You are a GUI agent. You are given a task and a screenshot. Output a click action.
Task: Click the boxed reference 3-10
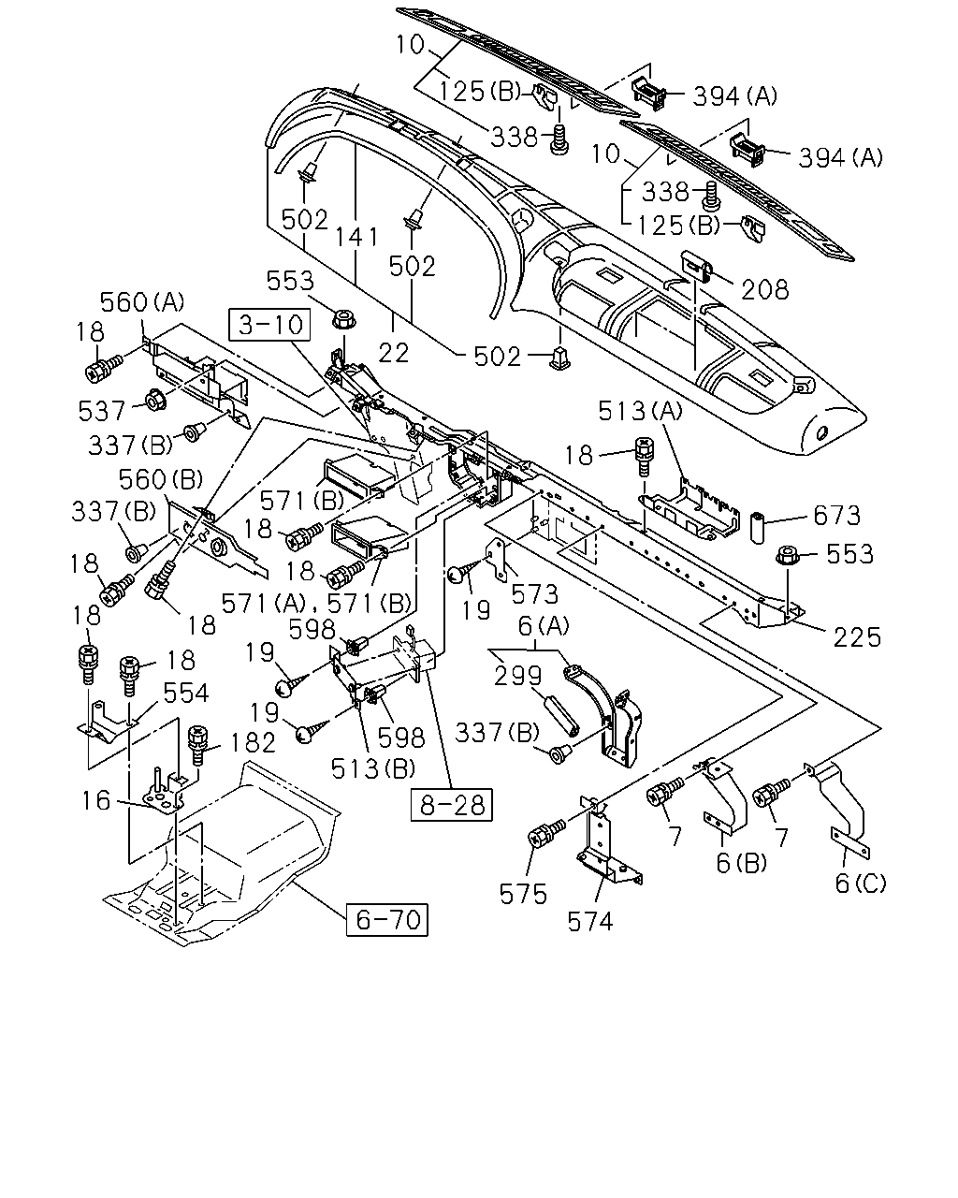click(270, 325)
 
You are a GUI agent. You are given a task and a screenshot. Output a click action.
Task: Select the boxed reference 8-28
click(452, 804)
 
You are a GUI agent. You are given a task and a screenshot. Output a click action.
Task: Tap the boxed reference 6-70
click(387, 919)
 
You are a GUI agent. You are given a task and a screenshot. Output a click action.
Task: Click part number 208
click(765, 289)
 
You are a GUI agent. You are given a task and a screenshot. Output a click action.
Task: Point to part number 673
click(836, 516)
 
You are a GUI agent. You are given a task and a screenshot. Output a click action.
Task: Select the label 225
click(857, 636)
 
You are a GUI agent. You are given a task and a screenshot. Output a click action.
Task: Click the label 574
click(590, 921)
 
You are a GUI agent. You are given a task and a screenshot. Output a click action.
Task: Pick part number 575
click(523, 895)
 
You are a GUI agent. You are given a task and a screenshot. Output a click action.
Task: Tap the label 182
click(253, 742)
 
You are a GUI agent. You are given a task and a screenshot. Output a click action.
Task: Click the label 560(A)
click(141, 302)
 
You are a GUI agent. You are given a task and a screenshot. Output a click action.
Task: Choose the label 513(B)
click(373, 768)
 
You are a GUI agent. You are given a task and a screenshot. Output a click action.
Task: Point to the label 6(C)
click(860, 883)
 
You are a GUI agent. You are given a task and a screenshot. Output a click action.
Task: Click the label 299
click(517, 676)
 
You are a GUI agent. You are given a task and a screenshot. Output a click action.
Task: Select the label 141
click(356, 237)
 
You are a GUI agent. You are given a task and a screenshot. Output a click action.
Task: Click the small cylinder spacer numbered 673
click(758, 525)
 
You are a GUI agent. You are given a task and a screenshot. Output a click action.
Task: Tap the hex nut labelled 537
click(154, 400)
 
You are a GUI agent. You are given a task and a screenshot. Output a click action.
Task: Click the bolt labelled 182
click(197, 745)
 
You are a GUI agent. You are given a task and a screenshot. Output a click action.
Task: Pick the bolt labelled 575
click(545, 832)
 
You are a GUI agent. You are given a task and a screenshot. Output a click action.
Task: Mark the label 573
click(534, 594)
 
